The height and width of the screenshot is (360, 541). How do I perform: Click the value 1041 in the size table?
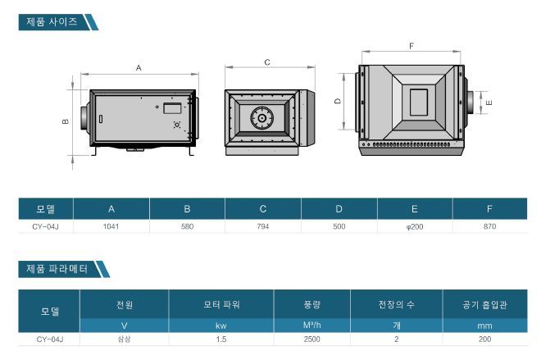111,226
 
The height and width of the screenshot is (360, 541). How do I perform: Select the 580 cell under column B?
187,226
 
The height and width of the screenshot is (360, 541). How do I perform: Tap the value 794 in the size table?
263,226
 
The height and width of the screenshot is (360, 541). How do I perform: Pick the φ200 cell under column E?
415,227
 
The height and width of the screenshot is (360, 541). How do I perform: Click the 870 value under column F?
489,226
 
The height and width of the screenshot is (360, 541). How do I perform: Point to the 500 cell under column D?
339,226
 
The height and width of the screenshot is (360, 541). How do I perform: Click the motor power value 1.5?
221,339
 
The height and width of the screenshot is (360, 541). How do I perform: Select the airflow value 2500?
312,339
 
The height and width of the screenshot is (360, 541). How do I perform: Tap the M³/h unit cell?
312,325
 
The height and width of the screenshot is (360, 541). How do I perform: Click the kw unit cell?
221,326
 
